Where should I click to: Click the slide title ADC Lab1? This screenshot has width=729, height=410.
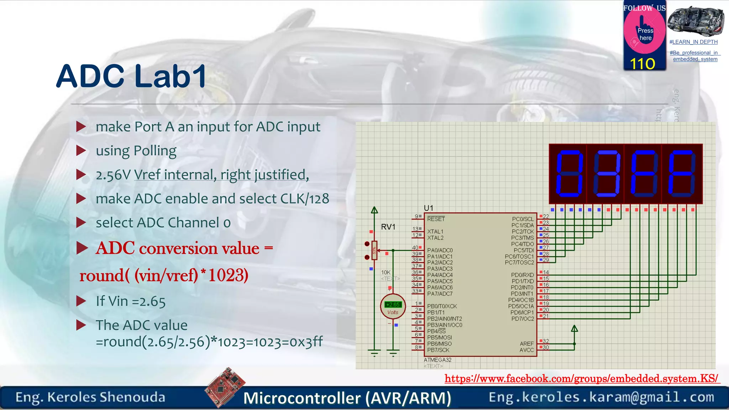131,77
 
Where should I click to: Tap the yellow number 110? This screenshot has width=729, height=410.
643,64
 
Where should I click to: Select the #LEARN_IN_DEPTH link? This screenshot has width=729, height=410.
693,42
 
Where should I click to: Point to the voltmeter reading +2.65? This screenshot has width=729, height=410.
393,305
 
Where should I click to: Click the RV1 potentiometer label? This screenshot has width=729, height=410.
388,227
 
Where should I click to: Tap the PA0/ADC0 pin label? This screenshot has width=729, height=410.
440,251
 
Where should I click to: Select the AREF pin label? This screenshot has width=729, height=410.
526,344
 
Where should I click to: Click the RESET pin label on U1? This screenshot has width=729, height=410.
436,219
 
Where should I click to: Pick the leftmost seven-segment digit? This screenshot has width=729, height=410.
569,174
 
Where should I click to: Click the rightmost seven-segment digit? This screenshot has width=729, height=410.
682,174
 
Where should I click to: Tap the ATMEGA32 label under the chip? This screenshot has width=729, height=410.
437,360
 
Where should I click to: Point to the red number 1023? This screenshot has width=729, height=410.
228,275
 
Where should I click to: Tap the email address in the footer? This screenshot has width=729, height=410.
601,397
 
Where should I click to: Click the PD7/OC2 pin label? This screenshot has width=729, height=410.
523,319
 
